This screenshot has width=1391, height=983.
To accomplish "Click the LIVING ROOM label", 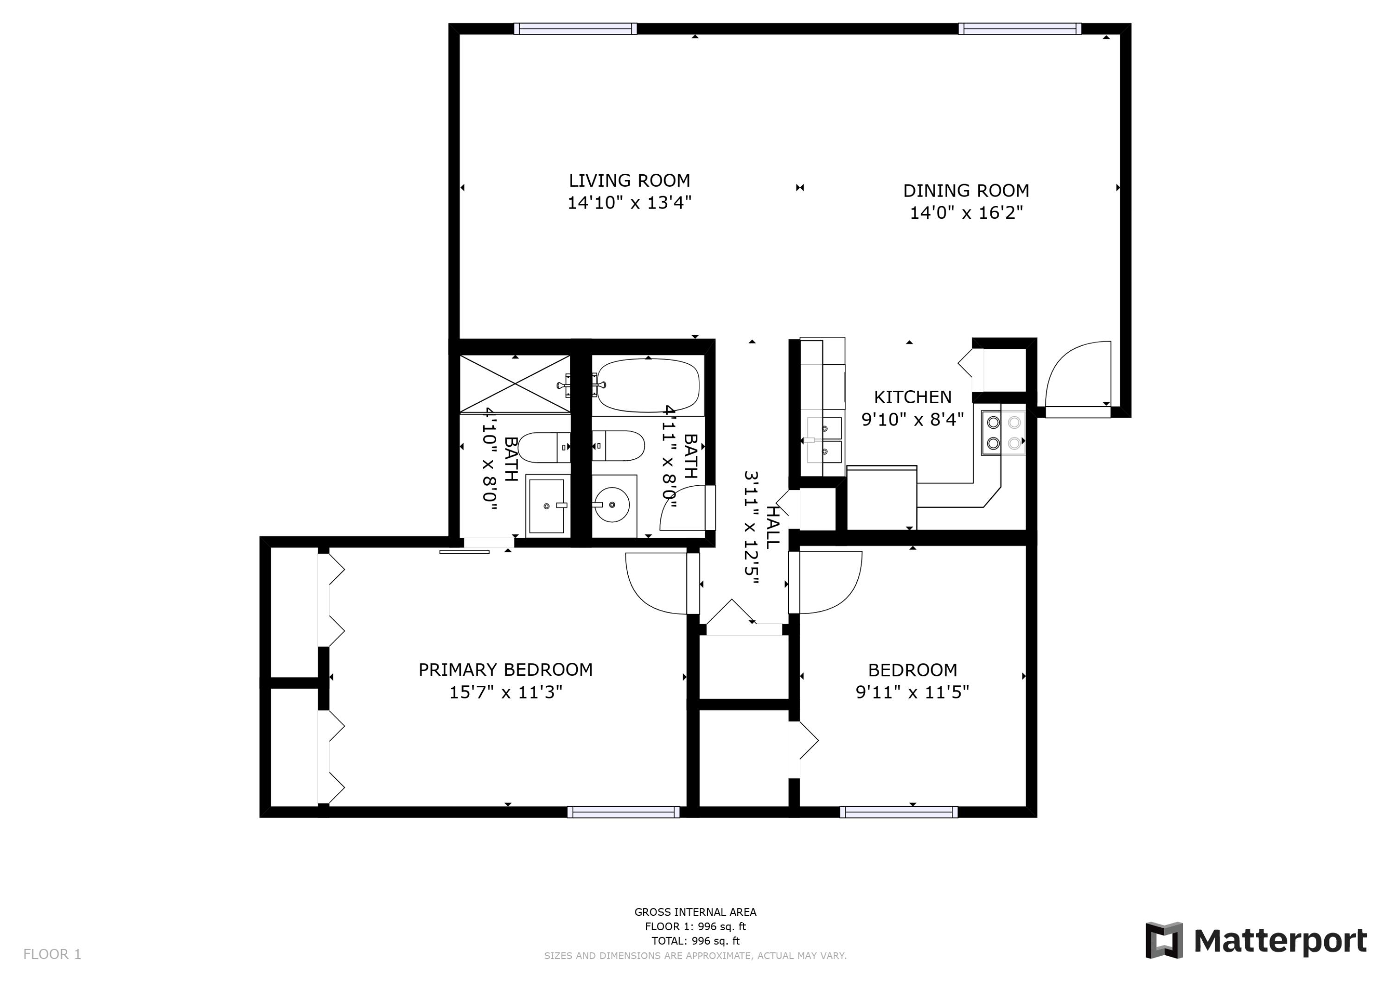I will click(x=629, y=180).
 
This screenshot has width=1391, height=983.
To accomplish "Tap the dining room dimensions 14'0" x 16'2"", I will click(x=966, y=213).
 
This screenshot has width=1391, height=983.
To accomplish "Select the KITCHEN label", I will click(x=912, y=397).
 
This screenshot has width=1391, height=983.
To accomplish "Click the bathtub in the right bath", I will click(x=648, y=385).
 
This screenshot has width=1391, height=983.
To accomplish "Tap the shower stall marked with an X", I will click(x=515, y=384).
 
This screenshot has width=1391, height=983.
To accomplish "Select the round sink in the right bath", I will click(x=612, y=504).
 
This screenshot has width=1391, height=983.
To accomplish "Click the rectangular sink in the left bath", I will click(x=547, y=506).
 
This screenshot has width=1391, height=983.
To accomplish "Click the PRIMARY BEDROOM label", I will click(x=505, y=670).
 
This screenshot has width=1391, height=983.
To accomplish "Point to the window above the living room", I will click(x=575, y=28).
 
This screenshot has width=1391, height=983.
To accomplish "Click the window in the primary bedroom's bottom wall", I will click(x=624, y=812).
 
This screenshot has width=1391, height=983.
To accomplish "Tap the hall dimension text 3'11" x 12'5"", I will click(x=751, y=527).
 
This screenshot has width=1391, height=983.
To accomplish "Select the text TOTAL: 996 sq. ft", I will click(x=695, y=941).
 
